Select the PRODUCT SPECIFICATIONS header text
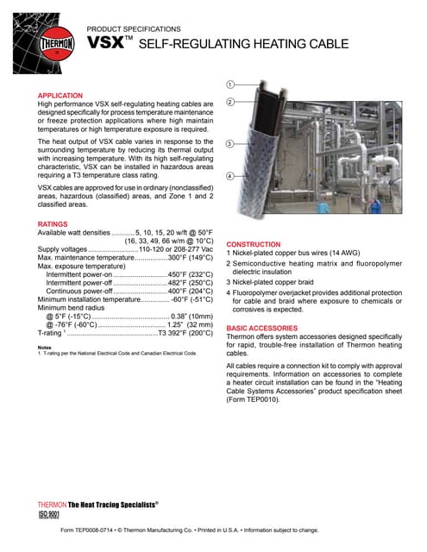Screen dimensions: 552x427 (x=134, y=28)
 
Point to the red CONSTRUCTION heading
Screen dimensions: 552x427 (x=253, y=244)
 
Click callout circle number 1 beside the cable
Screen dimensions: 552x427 (x=230, y=85)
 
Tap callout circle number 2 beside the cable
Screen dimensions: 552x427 (x=230, y=103)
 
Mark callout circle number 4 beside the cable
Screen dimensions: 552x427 (x=230, y=176)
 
